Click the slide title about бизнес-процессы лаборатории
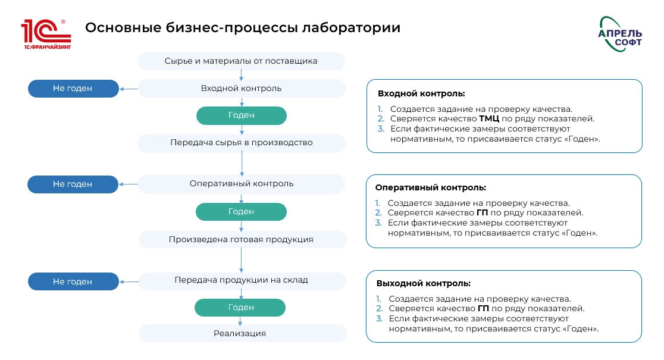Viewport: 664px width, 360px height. click(242, 28)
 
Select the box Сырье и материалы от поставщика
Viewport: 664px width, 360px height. click(241, 61)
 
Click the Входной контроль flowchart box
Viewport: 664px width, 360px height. click(241, 89)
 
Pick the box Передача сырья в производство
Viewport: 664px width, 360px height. click(241, 143)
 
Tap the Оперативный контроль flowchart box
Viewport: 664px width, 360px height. click(241, 183)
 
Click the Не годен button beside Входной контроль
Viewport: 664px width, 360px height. click(73, 89)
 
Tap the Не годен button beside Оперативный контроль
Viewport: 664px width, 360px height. click(73, 184)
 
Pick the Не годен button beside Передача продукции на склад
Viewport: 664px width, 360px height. click(73, 281)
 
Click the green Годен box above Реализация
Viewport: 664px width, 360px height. click(241, 307)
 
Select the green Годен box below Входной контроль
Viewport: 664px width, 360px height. click(241, 115)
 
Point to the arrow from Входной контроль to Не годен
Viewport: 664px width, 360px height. click(128, 89)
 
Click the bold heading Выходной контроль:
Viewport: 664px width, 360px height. click(423, 283)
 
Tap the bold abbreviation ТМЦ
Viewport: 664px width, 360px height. click(489, 118)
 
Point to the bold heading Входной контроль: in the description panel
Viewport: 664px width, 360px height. click(421, 93)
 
